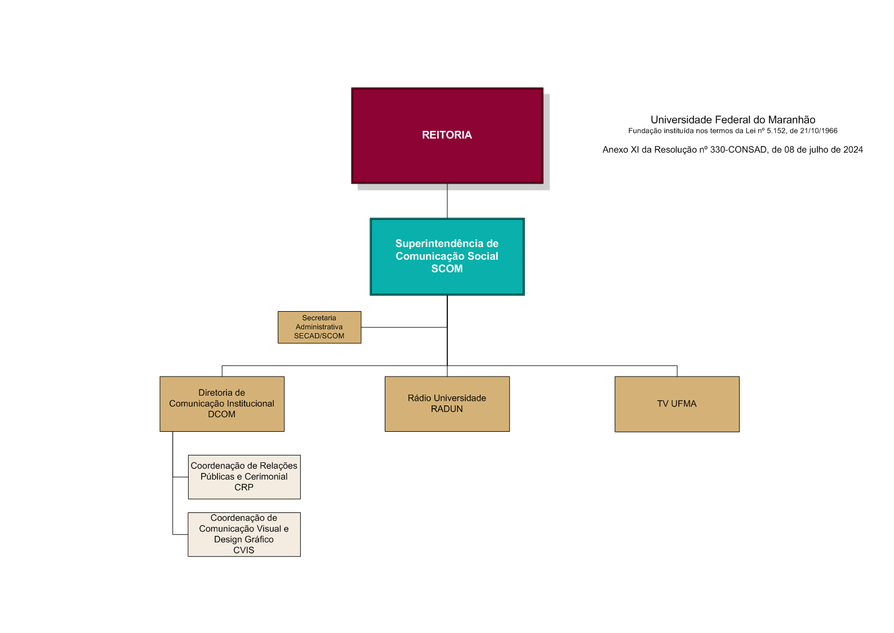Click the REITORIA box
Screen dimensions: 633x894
coord(447,135)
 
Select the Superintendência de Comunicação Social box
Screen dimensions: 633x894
coord(447,256)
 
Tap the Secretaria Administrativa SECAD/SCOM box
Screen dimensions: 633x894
coord(319,327)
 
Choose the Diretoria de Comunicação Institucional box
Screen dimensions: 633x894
coord(221,404)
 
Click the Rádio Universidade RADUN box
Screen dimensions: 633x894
coord(447,404)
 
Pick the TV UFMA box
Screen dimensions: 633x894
coord(677,404)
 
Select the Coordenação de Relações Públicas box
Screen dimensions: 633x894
coord(244,476)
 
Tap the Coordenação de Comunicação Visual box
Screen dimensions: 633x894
coord(244,534)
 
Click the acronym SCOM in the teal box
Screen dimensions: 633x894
coord(447,269)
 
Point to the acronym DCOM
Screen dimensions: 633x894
coord(221,414)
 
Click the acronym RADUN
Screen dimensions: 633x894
coord(447,409)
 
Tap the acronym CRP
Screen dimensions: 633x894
coord(244,488)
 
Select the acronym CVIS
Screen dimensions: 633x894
coord(244,550)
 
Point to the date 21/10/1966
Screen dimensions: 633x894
coord(819,131)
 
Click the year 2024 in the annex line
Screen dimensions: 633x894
coord(853,149)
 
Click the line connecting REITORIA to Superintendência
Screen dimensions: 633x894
coord(447,201)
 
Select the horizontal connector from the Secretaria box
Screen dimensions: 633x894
coord(404,327)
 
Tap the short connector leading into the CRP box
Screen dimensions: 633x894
coord(180,477)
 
